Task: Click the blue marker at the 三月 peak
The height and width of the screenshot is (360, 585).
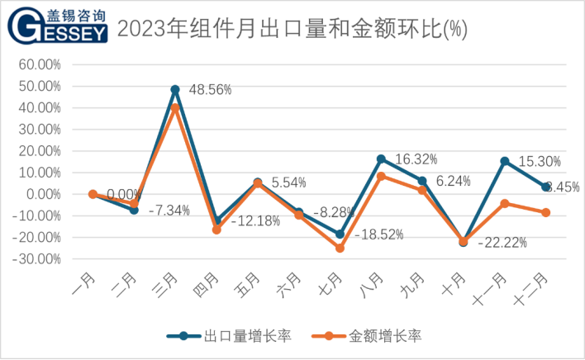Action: (x=175, y=89)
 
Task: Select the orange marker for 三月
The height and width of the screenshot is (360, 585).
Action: (x=175, y=107)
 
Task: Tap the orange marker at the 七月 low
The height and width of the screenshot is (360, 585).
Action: (x=340, y=248)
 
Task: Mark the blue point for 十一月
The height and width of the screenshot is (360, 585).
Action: (x=505, y=161)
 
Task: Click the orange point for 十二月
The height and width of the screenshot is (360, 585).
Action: (x=546, y=212)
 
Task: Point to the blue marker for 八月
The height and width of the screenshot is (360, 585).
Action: (x=381, y=159)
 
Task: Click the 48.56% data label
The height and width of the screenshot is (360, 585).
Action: (x=212, y=88)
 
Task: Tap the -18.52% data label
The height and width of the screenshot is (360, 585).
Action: (x=379, y=234)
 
